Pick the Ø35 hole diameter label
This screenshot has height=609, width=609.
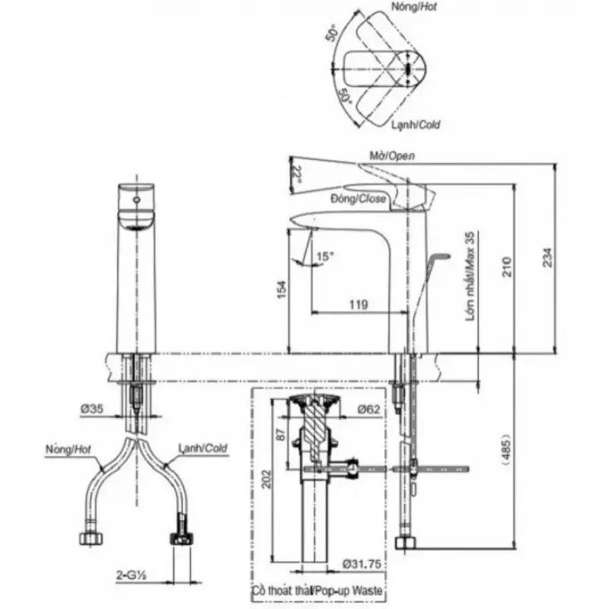coord(92,409)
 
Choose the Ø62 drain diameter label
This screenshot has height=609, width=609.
coord(368,409)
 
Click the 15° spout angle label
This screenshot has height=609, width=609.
coord(325,257)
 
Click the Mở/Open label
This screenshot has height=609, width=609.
coord(392,155)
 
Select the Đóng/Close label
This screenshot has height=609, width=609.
coord(359,199)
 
